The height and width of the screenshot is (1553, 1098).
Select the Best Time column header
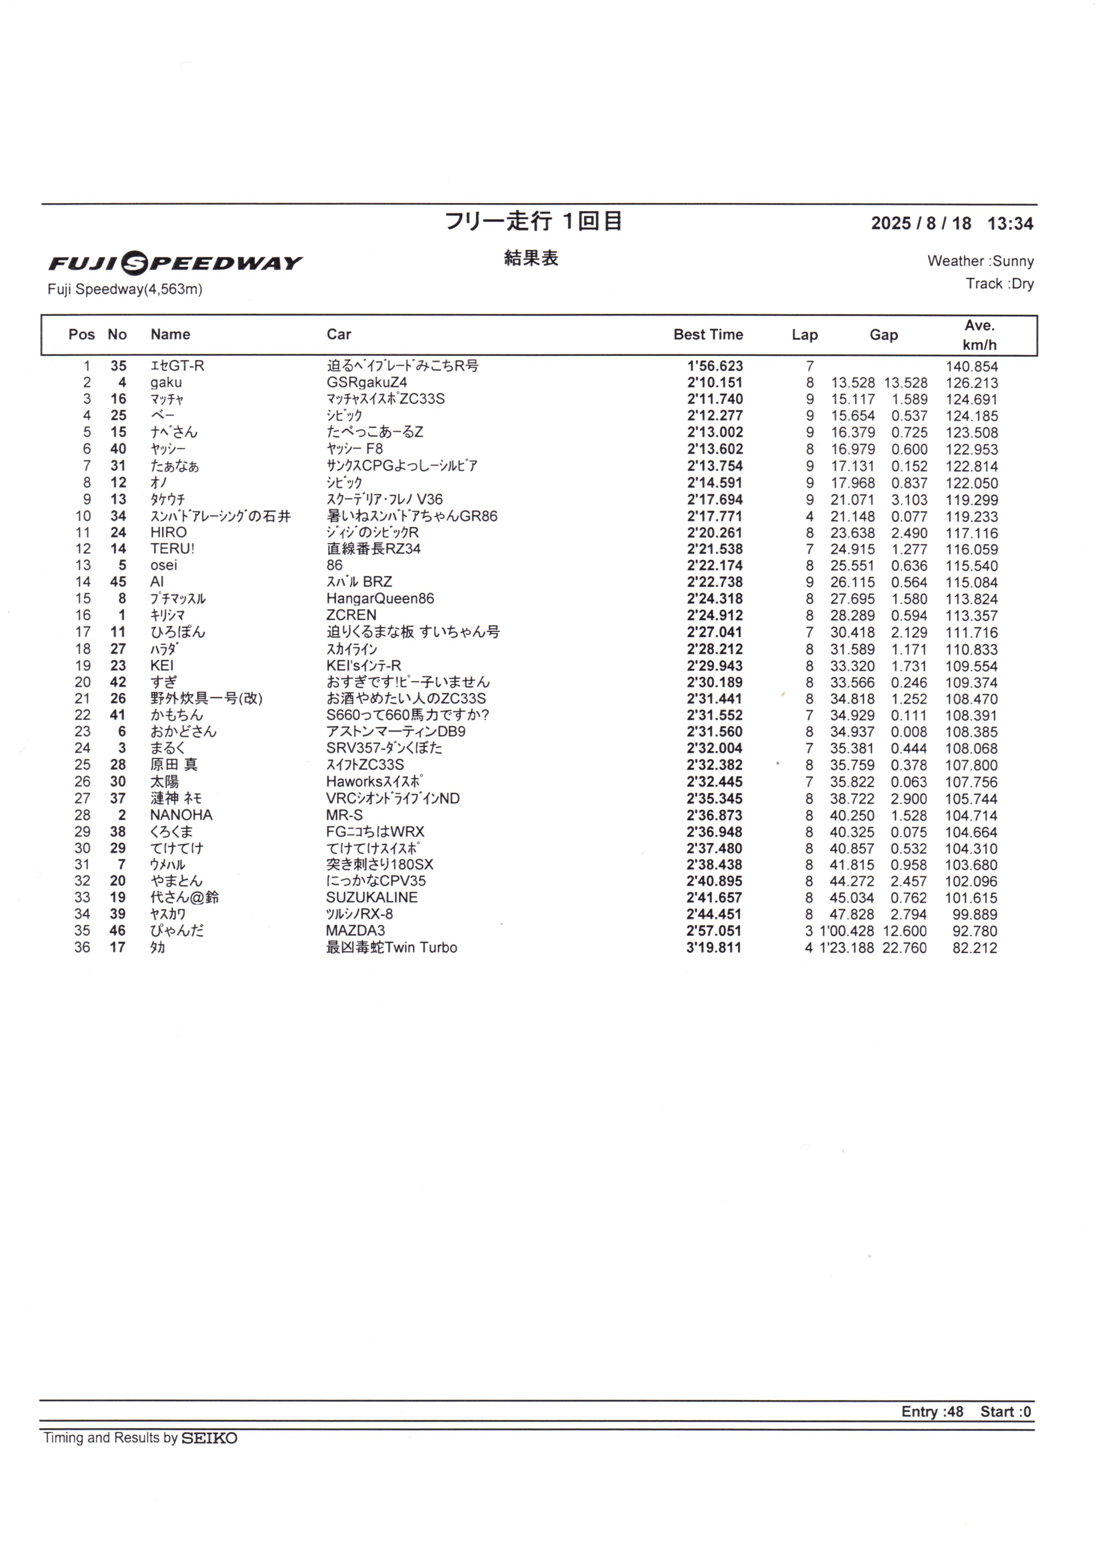click(708, 334)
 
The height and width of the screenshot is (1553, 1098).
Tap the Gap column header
click(883, 335)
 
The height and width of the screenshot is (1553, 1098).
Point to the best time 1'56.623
click(715, 366)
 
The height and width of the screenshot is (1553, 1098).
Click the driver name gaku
click(166, 382)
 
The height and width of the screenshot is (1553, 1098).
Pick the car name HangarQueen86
click(380, 599)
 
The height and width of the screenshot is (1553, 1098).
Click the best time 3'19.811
click(714, 948)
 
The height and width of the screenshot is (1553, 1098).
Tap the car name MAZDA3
click(355, 931)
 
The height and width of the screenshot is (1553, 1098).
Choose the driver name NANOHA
click(181, 815)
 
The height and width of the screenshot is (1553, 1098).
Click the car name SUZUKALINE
click(372, 898)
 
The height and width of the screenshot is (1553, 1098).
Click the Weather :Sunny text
click(980, 261)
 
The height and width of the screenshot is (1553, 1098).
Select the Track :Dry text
click(999, 284)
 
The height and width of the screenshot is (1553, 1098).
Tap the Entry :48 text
click(932, 1411)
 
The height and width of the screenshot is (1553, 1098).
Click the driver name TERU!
click(173, 549)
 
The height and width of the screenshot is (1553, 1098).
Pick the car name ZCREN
click(351, 615)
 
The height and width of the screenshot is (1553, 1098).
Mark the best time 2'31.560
click(714, 732)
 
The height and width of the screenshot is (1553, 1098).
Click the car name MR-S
click(344, 815)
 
